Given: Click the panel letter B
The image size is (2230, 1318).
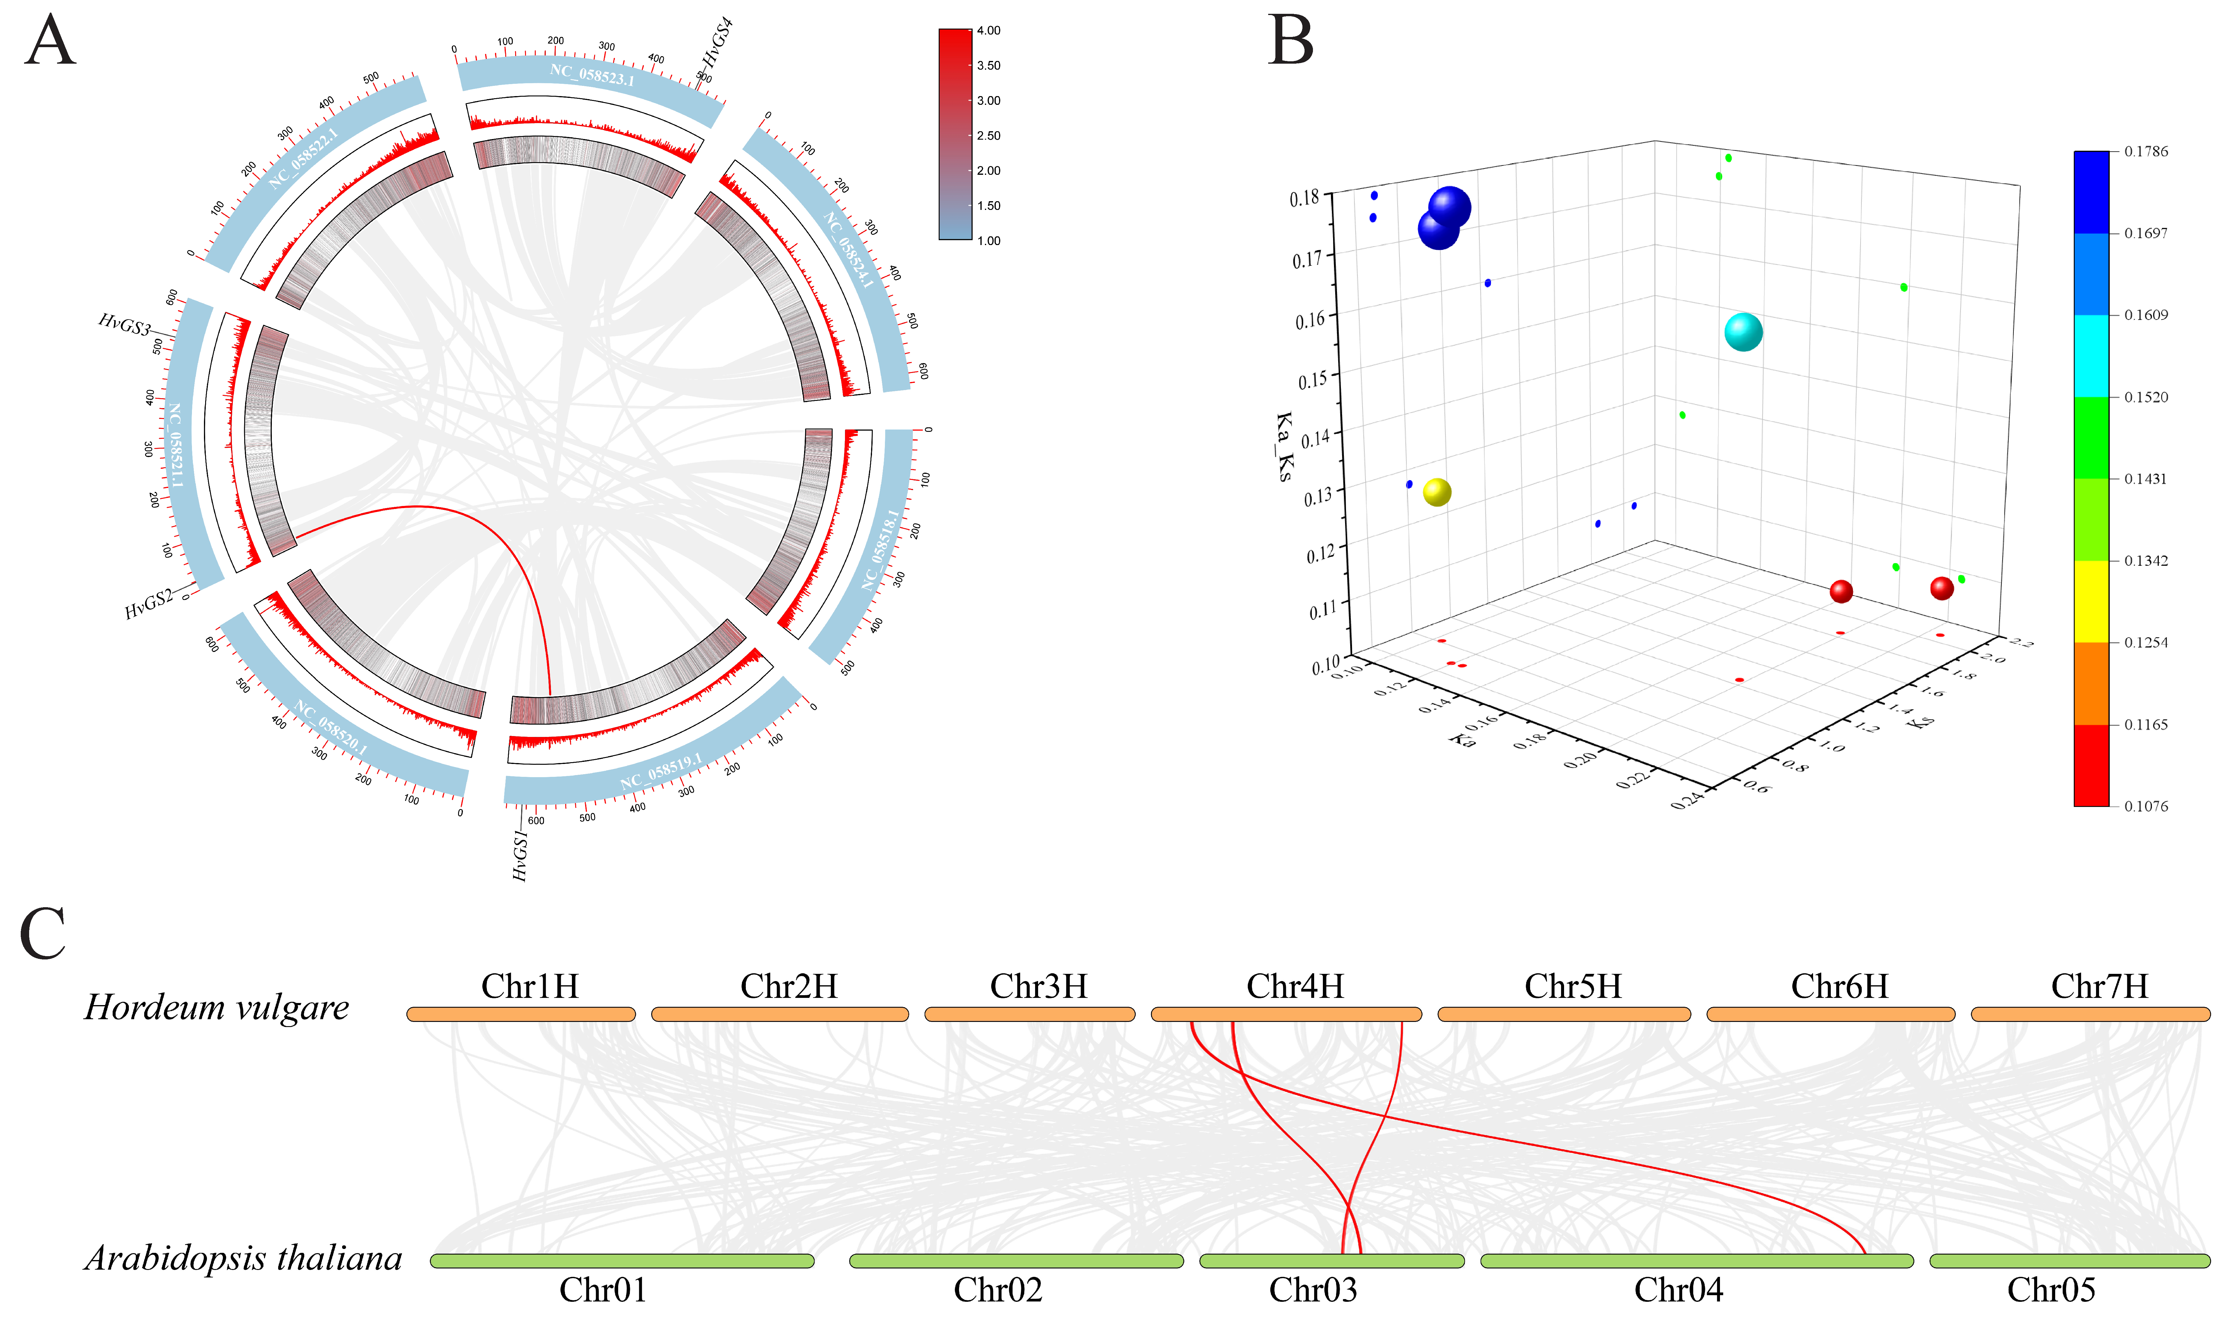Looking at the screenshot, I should tap(1290, 42).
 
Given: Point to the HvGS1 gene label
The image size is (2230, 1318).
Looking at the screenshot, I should tap(521, 855).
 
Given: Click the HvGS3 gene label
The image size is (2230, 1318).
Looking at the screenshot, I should tap(124, 325).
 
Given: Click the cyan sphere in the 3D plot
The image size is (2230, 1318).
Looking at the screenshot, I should tap(1742, 332).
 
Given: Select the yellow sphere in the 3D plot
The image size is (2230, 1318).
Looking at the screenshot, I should tap(1436, 492).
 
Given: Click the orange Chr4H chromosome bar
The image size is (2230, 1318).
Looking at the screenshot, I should tap(1286, 1014).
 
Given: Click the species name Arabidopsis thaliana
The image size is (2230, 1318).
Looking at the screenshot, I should tap(243, 1259).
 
